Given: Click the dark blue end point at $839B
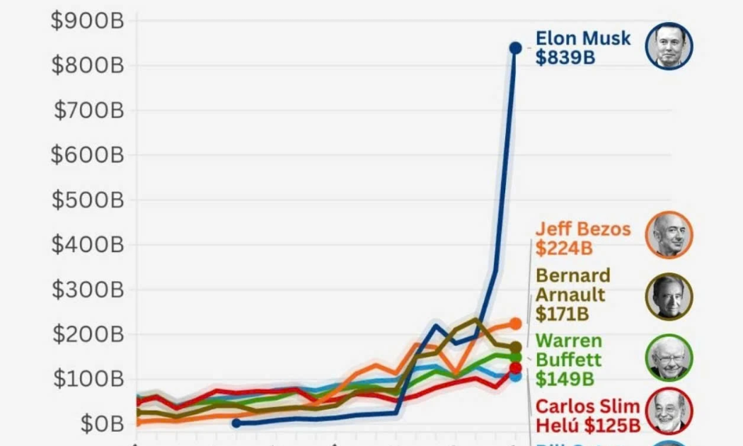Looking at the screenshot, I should (x=515, y=48).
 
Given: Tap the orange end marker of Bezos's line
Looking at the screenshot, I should (x=515, y=324).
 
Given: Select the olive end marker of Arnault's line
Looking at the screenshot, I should (x=516, y=347).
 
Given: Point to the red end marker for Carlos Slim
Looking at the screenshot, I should (x=515, y=367).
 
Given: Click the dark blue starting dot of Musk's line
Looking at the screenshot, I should (x=236, y=423).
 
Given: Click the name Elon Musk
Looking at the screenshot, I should (x=582, y=38).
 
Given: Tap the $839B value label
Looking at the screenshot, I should (x=565, y=58).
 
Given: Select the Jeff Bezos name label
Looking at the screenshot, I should (x=582, y=229).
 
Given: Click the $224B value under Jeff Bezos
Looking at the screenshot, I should (x=564, y=248).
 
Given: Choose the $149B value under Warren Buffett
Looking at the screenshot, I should (x=564, y=379).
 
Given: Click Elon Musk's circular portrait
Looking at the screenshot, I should (x=669, y=46).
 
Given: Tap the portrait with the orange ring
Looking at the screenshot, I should (x=669, y=234).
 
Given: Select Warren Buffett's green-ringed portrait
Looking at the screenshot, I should (x=669, y=358).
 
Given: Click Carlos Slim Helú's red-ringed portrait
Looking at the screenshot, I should (x=669, y=411).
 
